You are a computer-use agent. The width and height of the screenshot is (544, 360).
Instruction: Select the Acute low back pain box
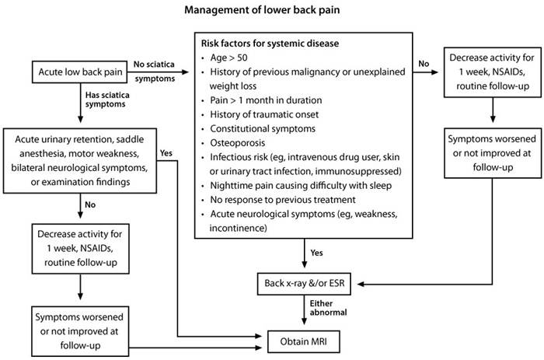(x=76, y=72)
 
